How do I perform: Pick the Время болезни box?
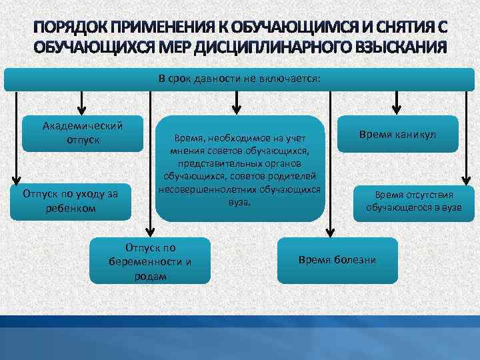tap(337, 259)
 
